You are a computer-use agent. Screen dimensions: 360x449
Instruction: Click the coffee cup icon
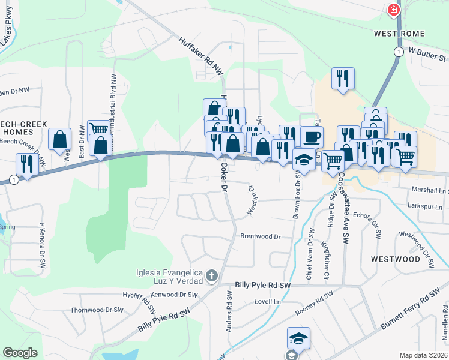[x=312, y=137]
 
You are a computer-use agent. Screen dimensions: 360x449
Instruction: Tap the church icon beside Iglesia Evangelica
[x=211, y=276]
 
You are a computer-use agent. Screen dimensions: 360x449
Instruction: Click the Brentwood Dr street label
[x=261, y=236]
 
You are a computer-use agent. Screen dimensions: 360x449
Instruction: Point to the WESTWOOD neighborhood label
[x=395, y=259]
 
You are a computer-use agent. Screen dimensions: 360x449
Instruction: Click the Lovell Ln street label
[x=267, y=302]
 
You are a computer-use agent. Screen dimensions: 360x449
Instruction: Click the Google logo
[x=20, y=353]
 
